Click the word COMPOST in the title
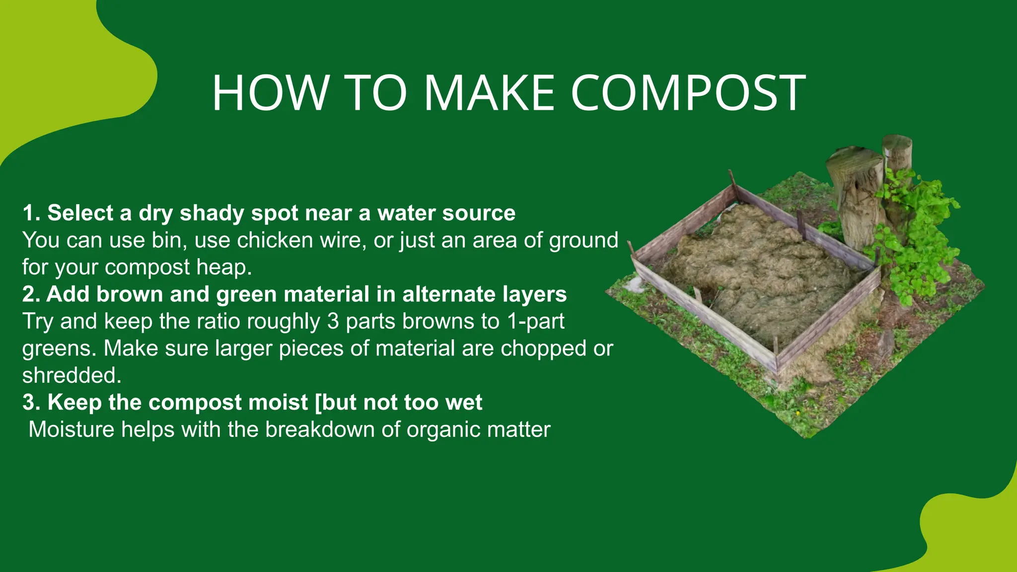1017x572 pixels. (688, 93)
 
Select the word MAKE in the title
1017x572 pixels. (489, 93)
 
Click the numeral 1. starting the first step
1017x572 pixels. (31, 213)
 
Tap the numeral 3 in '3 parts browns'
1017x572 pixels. (333, 321)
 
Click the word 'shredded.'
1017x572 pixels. (72, 375)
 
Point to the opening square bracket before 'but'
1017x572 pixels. (318, 403)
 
